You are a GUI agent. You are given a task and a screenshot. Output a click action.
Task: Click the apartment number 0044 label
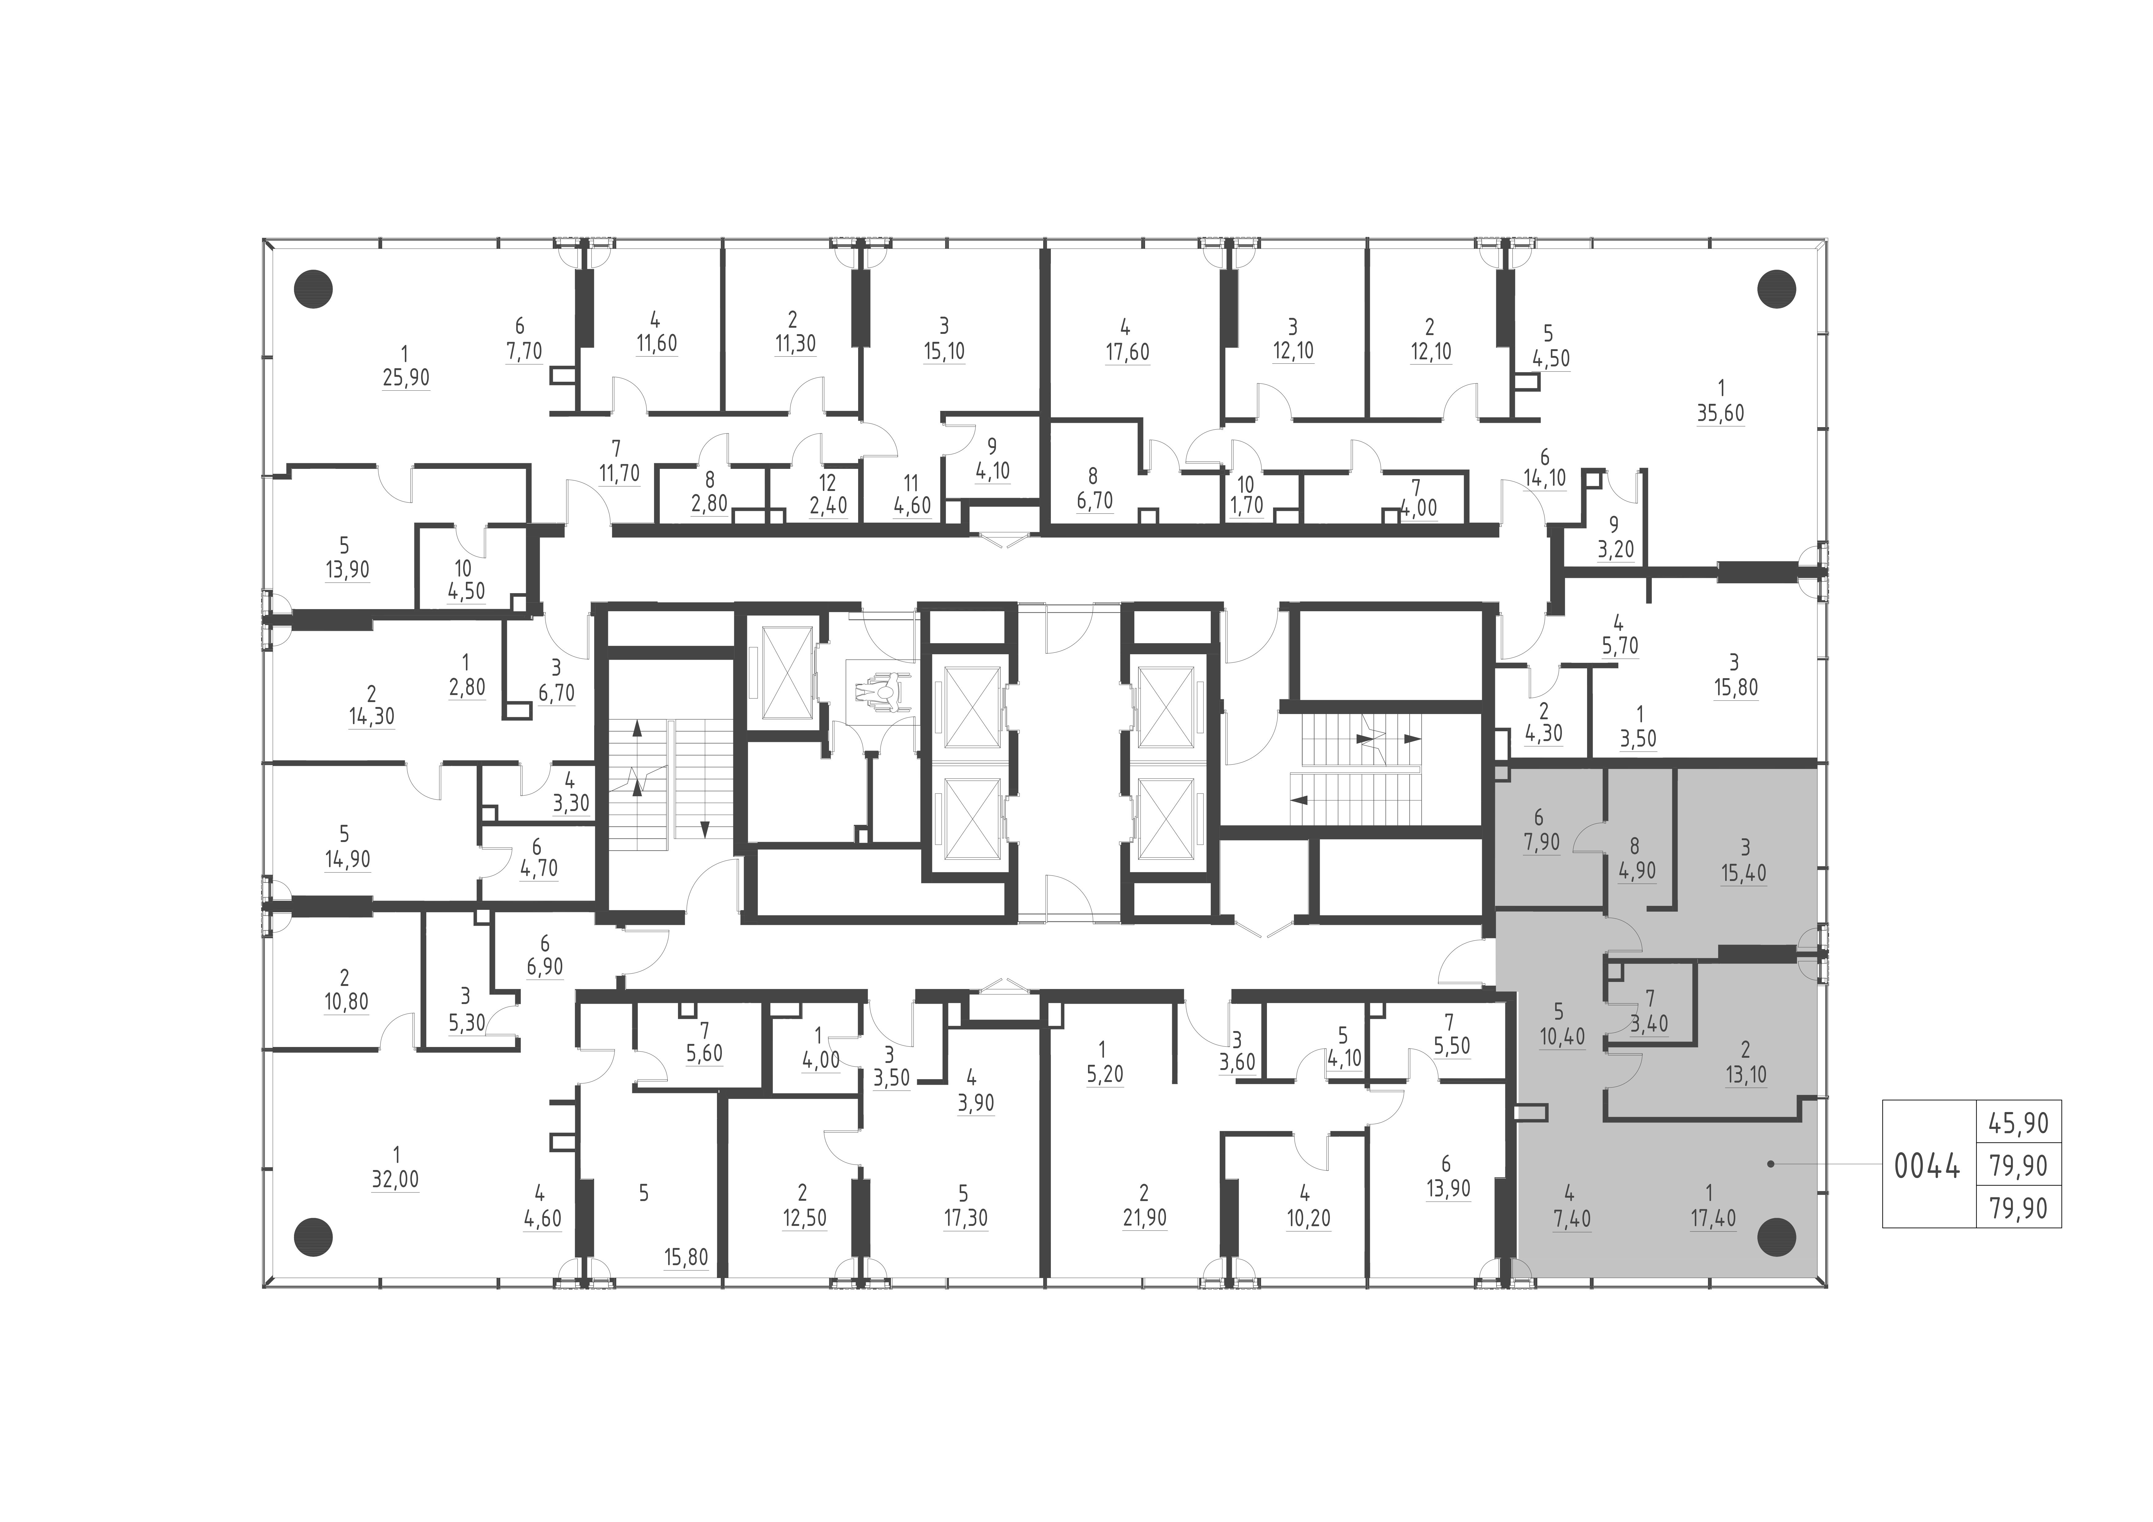click(x=1926, y=1168)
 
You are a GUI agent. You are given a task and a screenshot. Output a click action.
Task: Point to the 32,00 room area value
click(x=395, y=1180)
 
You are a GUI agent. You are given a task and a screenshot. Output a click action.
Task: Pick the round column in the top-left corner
click(x=313, y=290)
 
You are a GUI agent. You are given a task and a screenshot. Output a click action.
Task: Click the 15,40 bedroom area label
click(x=1743, y=873)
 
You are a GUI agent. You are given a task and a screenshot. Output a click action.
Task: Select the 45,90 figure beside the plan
click(x=2018, y=1123)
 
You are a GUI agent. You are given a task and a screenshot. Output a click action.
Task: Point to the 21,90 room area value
click(x=1144, y=1218)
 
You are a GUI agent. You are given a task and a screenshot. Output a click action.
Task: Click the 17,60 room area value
click(x=1126, y=353)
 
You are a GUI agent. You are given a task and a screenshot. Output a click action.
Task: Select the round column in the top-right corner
click(x=1775, y=290)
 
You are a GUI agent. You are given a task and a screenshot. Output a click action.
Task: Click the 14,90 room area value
click(x=347, y=859)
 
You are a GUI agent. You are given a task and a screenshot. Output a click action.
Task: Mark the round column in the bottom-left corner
click(x=313, y=1238)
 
